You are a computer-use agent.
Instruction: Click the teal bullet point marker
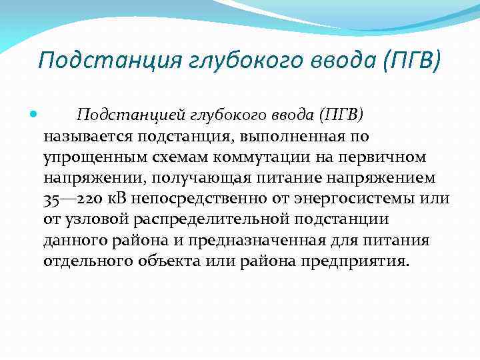pyautogui.click(x=34, y=115)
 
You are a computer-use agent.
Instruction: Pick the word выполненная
pyautogui.click(x=296, y=137)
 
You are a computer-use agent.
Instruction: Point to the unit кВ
pyautogui.click(x=108, y=199)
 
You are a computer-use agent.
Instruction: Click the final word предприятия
pyautogui.click(x=361, y=261)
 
